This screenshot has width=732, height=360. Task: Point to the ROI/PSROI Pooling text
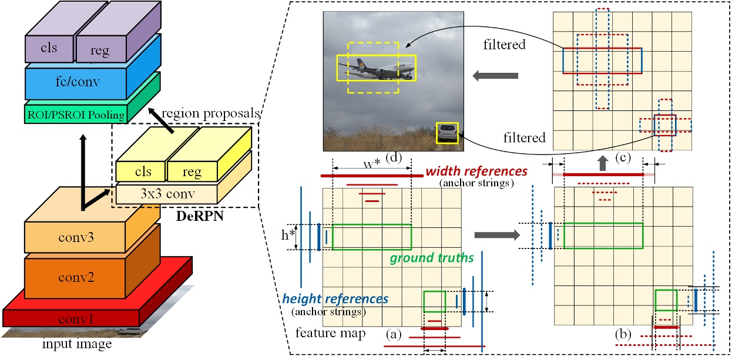(x=75, y=115)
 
